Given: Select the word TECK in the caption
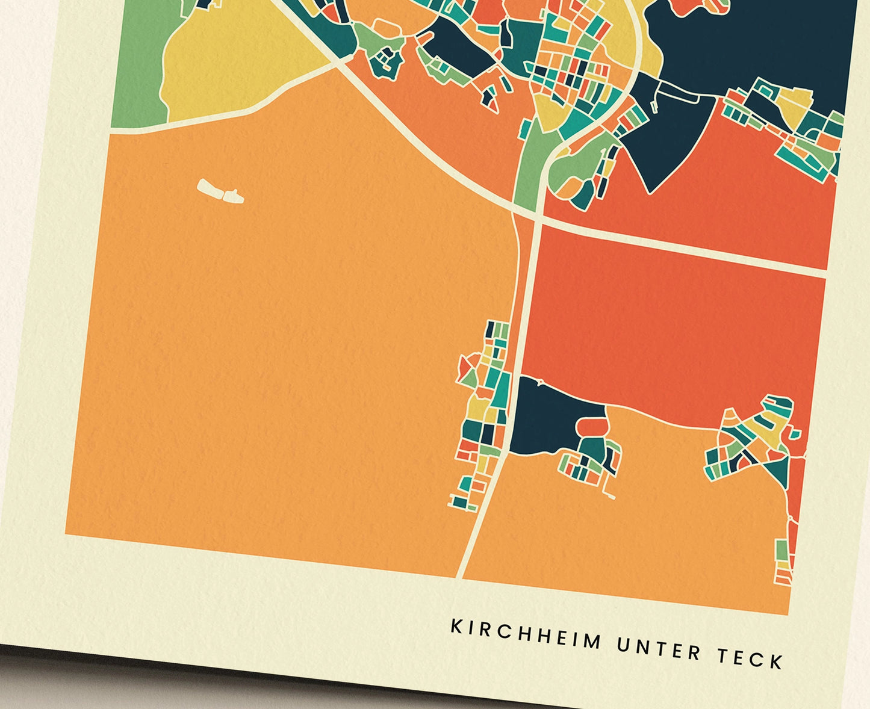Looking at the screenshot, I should (750, 658).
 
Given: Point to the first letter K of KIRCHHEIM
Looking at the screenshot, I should (456, 627).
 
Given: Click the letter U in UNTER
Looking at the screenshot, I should (623, 645).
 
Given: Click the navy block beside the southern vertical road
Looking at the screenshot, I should (551, 415).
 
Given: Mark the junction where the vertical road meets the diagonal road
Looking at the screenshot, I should (535, 218).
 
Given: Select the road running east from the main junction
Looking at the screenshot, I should (680, 247).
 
